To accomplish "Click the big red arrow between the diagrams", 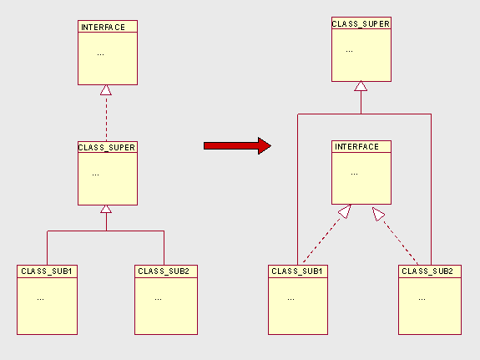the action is (237, 146).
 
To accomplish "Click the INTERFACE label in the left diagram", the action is (103, 28).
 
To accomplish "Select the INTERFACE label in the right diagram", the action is (356, 147).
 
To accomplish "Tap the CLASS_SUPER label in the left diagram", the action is (107, 148).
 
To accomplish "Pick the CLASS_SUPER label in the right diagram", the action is (361, 24).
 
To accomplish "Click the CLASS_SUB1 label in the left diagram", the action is (47, 271).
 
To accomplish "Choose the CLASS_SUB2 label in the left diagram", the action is (164, 271).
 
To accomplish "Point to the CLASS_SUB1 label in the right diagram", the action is (297, 271).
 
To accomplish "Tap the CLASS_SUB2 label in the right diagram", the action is (427, 271).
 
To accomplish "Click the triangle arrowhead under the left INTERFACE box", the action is (106, 90).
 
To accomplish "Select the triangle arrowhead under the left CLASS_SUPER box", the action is (106, 209).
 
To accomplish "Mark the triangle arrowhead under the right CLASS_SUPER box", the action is (361, 86).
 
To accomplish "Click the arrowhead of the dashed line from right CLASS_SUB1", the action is (345, 211).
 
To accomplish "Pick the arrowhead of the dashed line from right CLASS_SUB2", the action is (378, 214).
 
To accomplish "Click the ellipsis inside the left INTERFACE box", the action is (100, 55).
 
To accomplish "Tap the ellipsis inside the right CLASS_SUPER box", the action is (349, 52).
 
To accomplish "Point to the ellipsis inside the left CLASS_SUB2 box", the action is (159, 299).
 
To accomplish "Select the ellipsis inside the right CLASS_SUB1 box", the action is (291, 299).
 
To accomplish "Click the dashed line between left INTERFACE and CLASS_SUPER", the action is (107, 118).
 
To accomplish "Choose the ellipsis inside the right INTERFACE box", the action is (355, 175).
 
